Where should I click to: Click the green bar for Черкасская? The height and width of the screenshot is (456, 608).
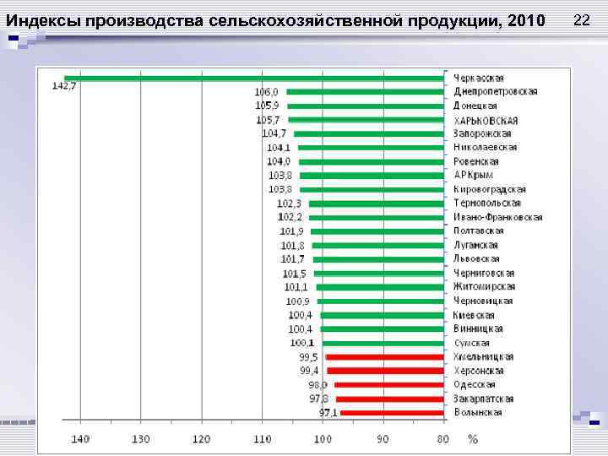pyautogui.click(x=253, y=78)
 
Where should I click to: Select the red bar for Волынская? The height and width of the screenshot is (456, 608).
pyautogui.click(x=392, y=413)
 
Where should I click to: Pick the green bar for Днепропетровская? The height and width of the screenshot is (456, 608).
pyautogui.click(x=365, y=92)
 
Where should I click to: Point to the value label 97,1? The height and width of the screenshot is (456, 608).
pyautogui.click(x=328, y=413)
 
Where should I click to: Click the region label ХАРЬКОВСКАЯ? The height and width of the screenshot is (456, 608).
pyautogui.click(x=486, y=120)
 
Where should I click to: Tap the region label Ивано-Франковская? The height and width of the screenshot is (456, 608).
pyautogui.click(x=497, y=217)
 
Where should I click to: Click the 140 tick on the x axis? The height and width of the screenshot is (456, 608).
pyautogui.click(x=80, y=439)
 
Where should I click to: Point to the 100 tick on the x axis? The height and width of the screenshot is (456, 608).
pyautogui.click(x=323, y=439)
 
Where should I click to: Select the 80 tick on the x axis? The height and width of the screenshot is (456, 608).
pyautogui.click(x=443, y=439)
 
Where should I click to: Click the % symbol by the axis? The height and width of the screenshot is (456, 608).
pyautogui.click(x=472, y=439)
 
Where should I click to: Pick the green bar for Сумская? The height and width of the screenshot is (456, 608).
pyautogui.click(x=383, y=343)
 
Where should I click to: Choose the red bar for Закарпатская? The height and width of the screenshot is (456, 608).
pyautogui.click(x=389, y=399)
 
